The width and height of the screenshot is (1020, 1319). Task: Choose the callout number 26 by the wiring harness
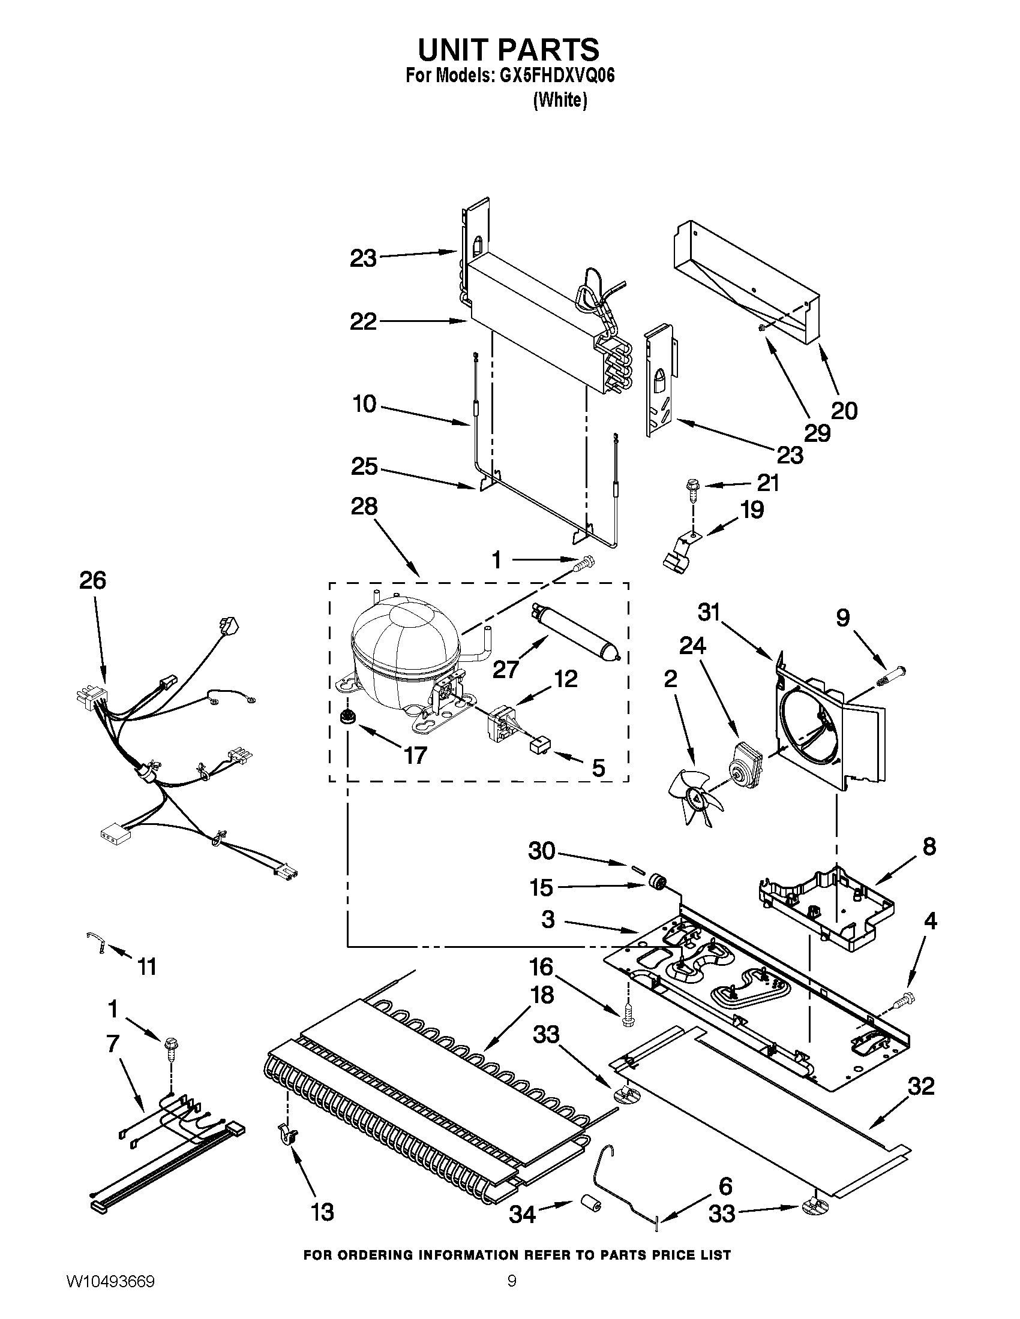click(x=92, y=580)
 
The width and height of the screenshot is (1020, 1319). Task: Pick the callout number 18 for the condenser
click(x=541, y=994)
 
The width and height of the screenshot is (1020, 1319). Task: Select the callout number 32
click(x=921, y=1086)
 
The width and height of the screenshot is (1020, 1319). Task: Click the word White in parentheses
click(x=560, y=100)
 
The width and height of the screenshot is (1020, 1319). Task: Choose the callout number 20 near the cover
click(x=844, y=411)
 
